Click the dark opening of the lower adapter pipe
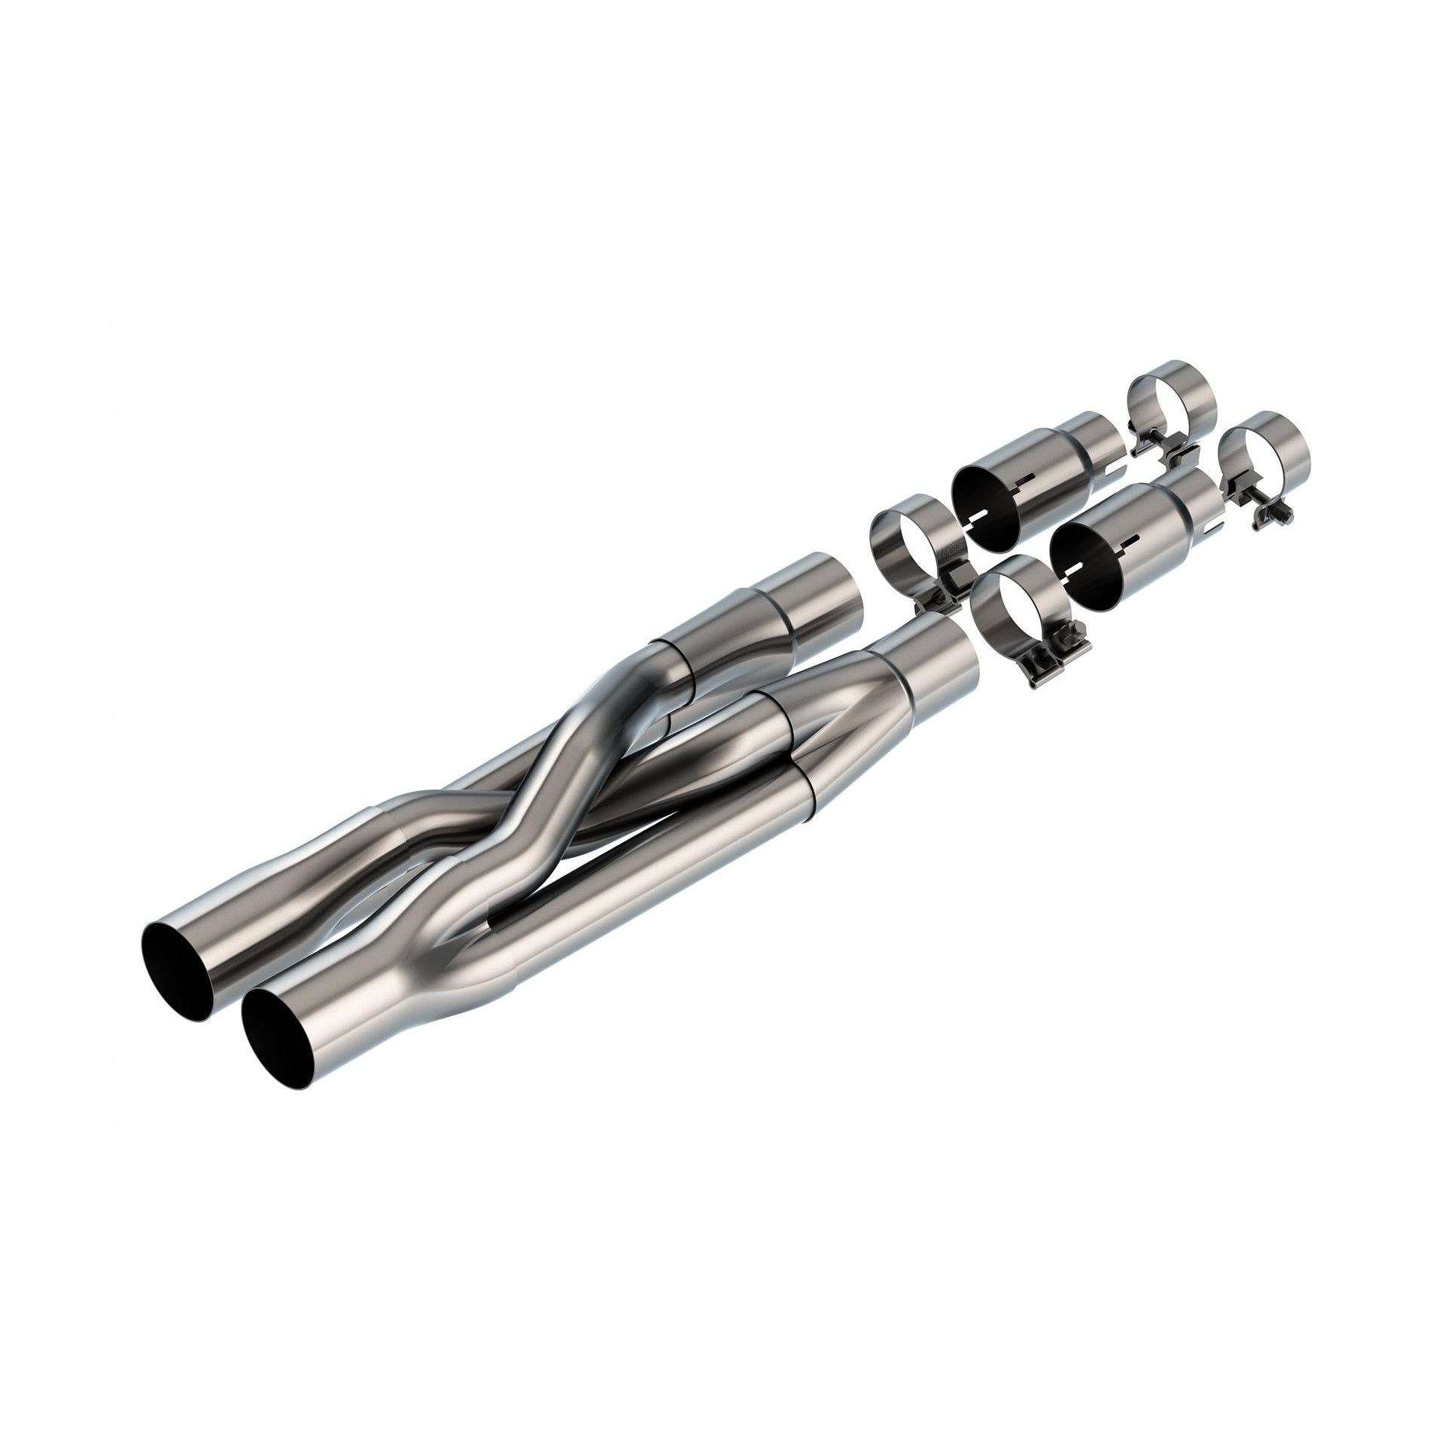[1084, 564]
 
